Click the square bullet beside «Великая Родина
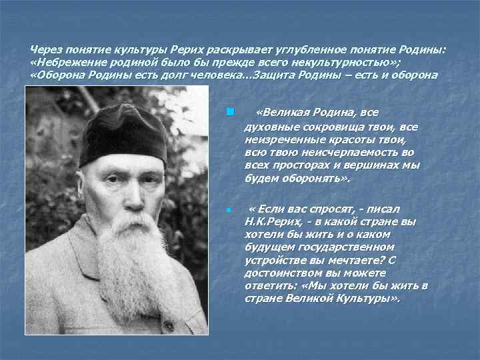coord(229,111)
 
